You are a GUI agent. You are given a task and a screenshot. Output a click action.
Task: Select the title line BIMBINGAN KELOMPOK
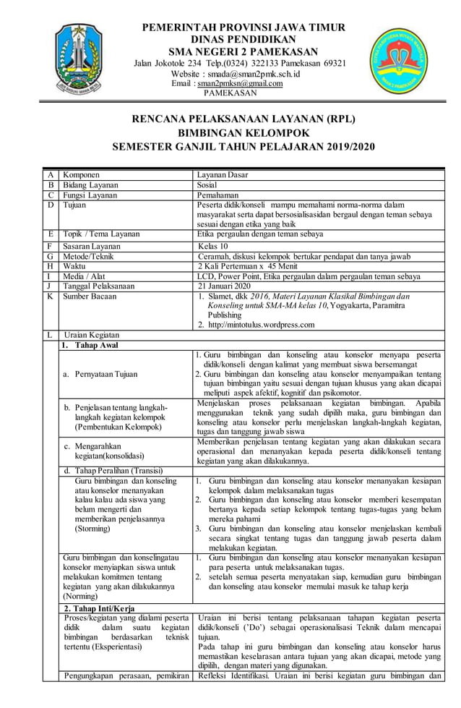244,133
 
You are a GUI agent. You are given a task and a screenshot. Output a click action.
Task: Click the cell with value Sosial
210,184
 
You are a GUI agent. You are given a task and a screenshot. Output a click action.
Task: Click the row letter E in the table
50,234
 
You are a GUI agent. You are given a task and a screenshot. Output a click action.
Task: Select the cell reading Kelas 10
215,246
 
